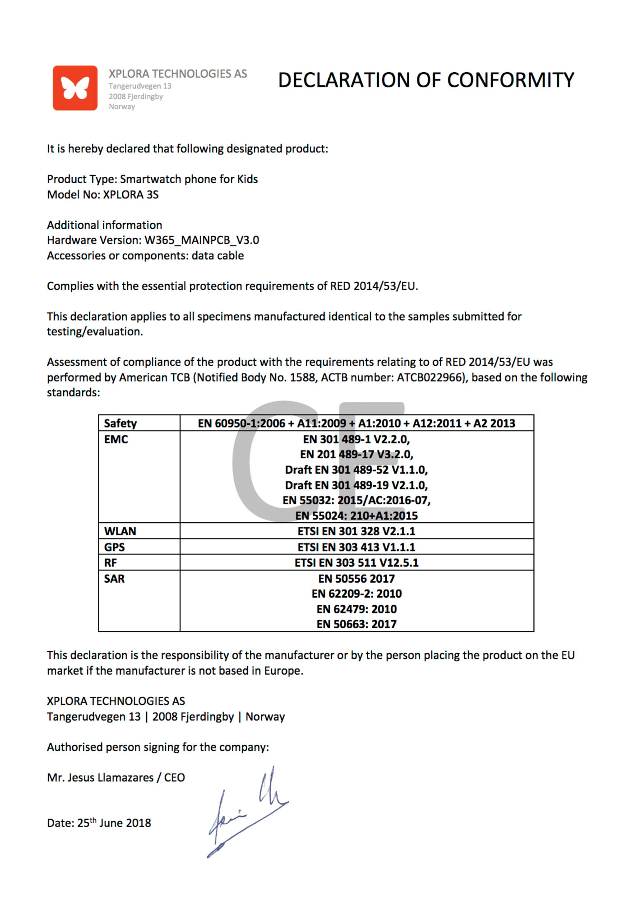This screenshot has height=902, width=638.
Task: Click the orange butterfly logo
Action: point(75,88)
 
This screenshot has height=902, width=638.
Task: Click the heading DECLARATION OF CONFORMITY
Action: point(426,80)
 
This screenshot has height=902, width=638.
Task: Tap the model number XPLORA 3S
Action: point(131,195)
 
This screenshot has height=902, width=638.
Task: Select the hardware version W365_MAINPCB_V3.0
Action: point(202,240)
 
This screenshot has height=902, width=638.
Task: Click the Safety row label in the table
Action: point(120,423)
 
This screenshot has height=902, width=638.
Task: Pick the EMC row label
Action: point(116,439)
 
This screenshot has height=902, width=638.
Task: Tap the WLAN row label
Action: point(120,531)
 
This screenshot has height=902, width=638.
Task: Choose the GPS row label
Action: point(114,547)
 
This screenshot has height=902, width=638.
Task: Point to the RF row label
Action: point(111,563)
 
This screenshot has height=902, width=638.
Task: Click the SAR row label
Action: point(114,579)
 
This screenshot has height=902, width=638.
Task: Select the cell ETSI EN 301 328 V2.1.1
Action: point(356,531)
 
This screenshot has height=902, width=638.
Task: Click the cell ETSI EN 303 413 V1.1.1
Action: point(356,547)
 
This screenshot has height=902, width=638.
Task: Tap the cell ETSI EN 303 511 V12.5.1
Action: point(356,563)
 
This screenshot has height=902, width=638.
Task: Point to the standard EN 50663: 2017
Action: point(356,624)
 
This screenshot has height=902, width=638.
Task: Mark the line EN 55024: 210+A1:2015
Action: point(356,515)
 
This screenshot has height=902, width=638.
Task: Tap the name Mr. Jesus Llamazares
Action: point(100,778)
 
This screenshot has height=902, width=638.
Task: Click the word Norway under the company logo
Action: point(122,107)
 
